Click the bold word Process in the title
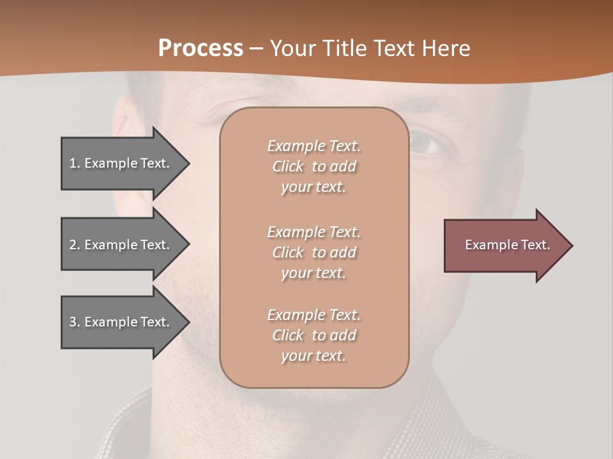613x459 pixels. pyautogui.click(x=201, y=48)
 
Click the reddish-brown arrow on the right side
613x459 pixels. pyautogui.click(x=504, y=245)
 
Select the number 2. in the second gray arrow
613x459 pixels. pyautogui.click(x=74, y=245)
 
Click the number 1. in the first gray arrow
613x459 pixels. pyautogui.click(x=74, y=163)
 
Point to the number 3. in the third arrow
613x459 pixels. pyautogui.click(x=74, y=322)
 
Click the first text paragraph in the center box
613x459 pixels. pyautogui.click(x=314, y=166)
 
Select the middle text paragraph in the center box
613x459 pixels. pyautogui.click(x=314, y=252)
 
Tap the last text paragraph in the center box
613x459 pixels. pyautogui.click(x=314, y=335)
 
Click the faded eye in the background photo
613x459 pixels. pyautogui.click(x=426, y=143)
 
